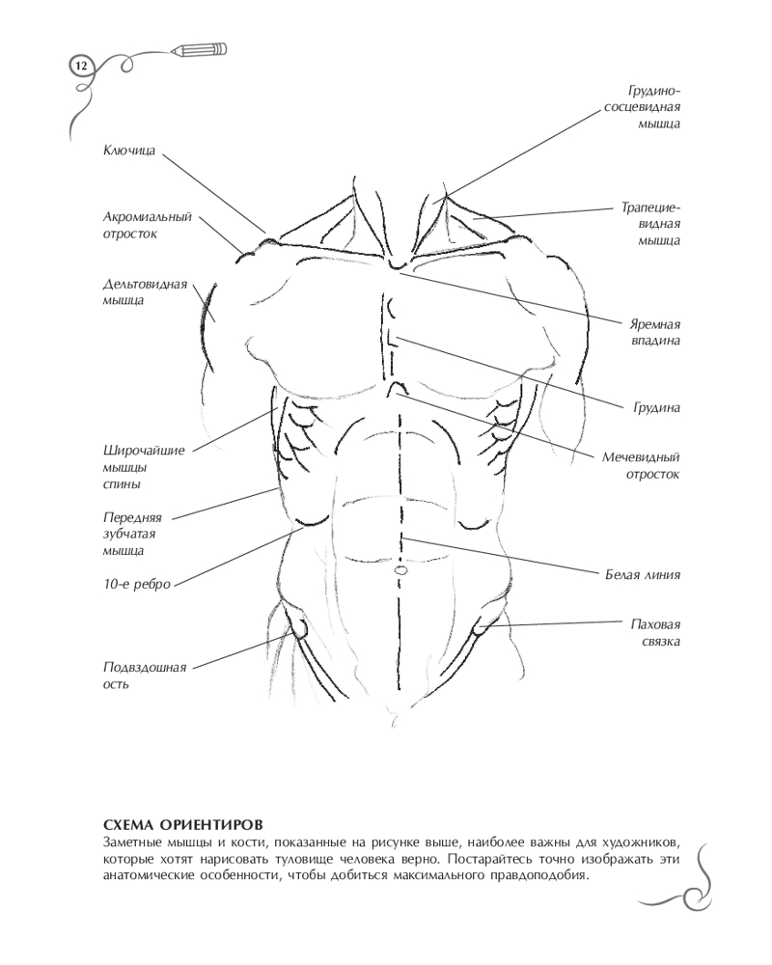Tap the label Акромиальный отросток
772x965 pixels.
coord(148,225)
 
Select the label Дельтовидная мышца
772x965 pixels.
coord(143,292)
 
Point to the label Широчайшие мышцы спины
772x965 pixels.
coord(142,466)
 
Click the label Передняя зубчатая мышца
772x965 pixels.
coord(132,533)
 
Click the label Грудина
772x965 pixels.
coord(656,408)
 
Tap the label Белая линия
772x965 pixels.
coord(643,575)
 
